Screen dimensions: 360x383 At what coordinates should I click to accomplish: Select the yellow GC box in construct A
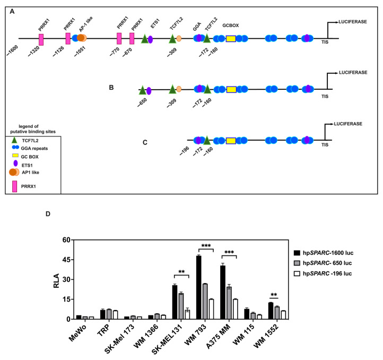click(231, 39)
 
